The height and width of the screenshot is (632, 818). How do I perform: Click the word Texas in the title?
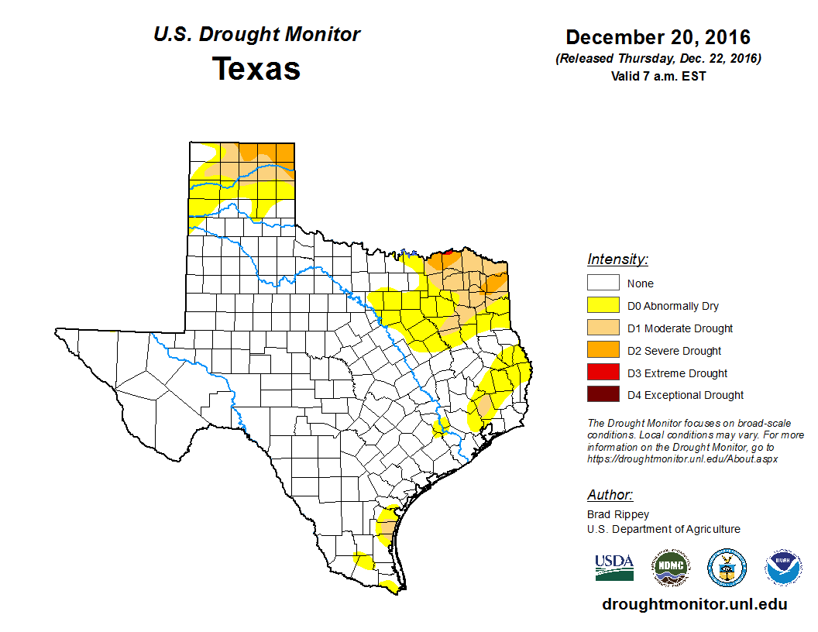tap(256, 69)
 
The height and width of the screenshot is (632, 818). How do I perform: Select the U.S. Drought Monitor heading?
tap(256, 35)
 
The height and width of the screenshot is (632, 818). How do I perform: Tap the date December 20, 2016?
tap(658, 37)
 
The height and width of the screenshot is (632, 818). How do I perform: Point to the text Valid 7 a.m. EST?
tap(658, 76)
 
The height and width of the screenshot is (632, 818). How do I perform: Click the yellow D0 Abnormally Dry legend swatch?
tap(603, 305)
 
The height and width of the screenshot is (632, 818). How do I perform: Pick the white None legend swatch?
tap(603, 283)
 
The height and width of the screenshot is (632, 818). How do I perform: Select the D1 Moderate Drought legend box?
tap(603, 328)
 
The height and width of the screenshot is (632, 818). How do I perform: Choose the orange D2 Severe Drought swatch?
tap(603, 350)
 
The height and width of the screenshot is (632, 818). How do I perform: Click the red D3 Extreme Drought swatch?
tap(603, 373)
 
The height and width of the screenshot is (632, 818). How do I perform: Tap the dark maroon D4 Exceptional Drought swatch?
tap(603, 395)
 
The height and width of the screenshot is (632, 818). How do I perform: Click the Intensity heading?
tap(617, 259)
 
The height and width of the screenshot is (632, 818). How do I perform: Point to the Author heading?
tap(610, 495)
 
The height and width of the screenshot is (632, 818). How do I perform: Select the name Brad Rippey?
tap(618, 514)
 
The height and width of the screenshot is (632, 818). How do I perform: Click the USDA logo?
tap(614, 568)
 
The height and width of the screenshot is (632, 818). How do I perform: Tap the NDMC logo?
tap(670, 568)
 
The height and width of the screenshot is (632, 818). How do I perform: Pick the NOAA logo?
tap(783, 568)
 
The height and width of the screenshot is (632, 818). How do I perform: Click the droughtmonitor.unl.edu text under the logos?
tap(694, 604)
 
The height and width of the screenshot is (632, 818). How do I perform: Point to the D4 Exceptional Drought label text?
tap(686, 395)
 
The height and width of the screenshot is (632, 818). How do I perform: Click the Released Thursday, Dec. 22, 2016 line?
tap(658, 59)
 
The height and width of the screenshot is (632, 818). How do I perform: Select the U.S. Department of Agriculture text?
tap(663, 529)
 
